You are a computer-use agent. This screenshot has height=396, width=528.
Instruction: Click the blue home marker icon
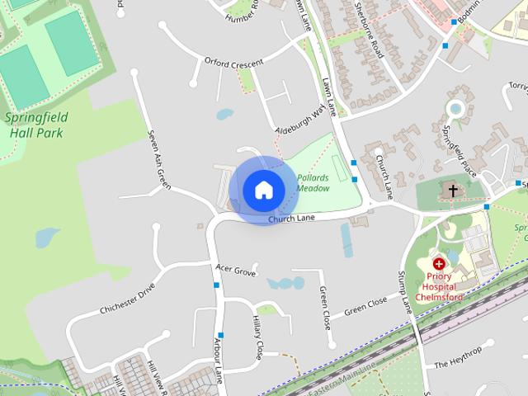point(262,190)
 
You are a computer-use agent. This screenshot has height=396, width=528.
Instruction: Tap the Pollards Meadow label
point(313,183)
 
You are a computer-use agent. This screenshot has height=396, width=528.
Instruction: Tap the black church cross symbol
point(452,191)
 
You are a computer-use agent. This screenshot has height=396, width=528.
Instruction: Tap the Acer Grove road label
point(235,270)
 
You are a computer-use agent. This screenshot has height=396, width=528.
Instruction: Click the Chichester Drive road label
point(127,299)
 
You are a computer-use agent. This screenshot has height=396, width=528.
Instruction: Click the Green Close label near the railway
point(365,306)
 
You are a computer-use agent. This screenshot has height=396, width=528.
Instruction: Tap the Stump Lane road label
point(406,293)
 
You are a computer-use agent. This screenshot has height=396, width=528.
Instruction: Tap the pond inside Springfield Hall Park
point(48,238)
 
